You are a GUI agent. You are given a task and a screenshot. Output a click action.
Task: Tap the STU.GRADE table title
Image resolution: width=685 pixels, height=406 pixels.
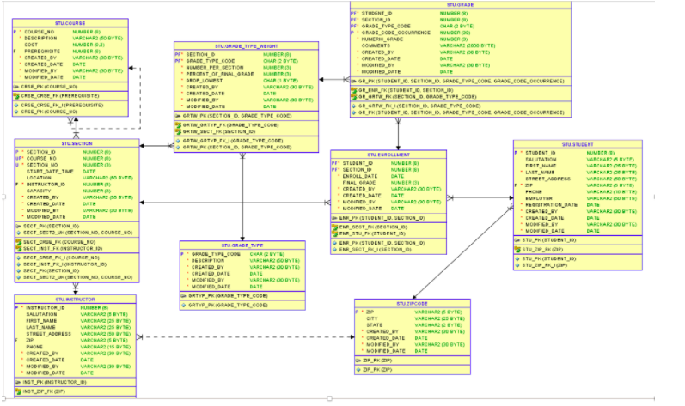[x=460, y=5]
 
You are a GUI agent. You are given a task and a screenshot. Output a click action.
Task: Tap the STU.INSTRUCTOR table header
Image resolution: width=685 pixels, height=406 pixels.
[x=74, y=299]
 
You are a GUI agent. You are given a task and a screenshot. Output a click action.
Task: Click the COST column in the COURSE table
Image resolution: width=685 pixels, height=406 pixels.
[x=32, y=44]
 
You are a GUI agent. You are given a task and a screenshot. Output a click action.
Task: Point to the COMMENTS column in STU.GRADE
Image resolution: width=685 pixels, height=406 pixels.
[x=377, y=45]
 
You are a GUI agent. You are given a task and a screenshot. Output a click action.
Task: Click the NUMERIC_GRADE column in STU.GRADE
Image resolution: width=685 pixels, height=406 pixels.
[x=383, y=39]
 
